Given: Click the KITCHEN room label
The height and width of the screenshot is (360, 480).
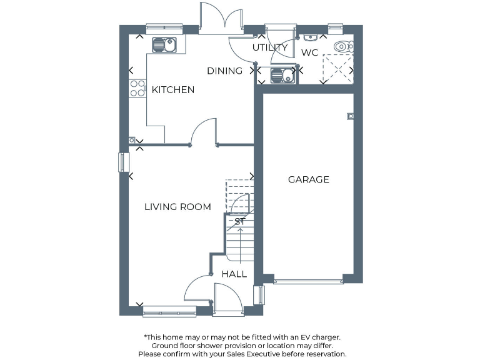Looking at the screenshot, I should pos(173,90).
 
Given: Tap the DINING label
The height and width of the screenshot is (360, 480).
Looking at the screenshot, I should pos(224,71).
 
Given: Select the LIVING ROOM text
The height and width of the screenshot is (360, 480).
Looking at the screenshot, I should pos(177,207).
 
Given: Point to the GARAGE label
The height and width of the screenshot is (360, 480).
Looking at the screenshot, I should pos(308,179).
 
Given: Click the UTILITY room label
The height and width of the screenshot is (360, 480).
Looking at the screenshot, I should pos(269,47).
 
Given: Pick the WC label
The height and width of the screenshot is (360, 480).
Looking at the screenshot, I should pos(309,53).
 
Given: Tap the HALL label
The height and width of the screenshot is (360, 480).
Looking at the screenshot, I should pos(234,274).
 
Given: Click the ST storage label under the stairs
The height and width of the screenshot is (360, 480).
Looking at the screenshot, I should pos(239,221).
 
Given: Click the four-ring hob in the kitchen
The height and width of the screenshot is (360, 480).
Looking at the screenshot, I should pos(137,89).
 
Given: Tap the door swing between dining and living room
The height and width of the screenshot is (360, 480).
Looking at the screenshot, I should pos(204,132).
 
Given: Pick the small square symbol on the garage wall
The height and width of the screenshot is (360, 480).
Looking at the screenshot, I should pos(350,115).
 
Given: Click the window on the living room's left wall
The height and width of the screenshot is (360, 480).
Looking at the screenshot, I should pos(122,162).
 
